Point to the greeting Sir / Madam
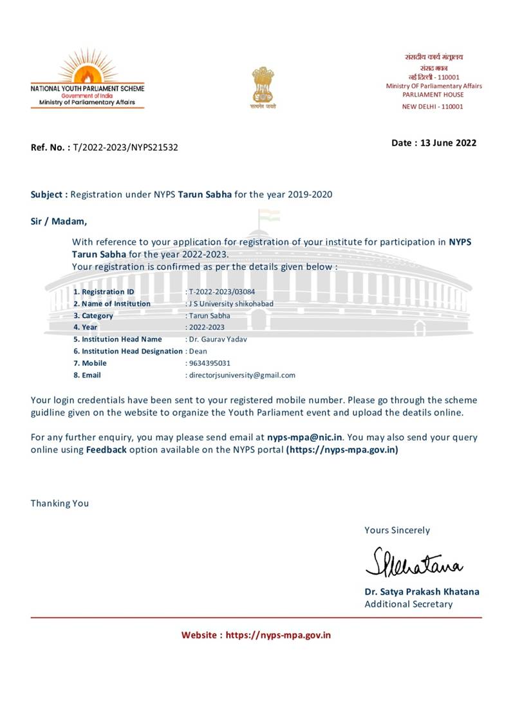click(59, 221)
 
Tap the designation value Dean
click(198, 351)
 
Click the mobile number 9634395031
click(209, 363)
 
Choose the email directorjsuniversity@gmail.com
click(241, 375)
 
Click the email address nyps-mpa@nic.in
click(305, 437)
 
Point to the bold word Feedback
click(106, 450)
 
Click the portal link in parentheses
click(342, 450)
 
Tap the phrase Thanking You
click(60, 503)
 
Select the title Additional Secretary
click(408, 604)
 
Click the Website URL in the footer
click(278, 635)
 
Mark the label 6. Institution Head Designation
click(128, 351)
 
